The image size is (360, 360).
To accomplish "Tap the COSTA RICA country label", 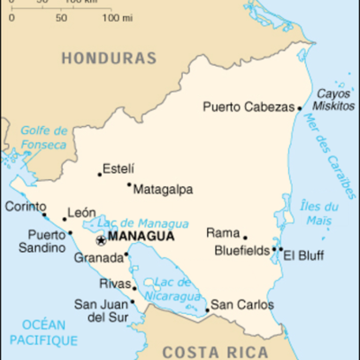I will click(x=213, y=351).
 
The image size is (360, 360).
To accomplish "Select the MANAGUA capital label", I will click(x=139, y=238).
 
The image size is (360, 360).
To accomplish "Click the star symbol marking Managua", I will click(x=100, y=239).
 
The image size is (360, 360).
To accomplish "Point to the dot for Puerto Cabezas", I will click(x=300, y=108).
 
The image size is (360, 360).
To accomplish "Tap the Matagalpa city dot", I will click(x=129, y=185).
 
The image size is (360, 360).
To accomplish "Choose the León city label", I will click(x=82, y=212).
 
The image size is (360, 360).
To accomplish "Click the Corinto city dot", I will click(x=44, y=215).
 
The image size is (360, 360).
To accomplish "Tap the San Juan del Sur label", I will click(x=100, y=310).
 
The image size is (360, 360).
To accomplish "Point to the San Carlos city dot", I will click(x=208, y=311).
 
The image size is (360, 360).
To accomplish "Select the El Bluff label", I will click(x=303, y=254).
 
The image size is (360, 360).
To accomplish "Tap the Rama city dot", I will click(x=245, y=238).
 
